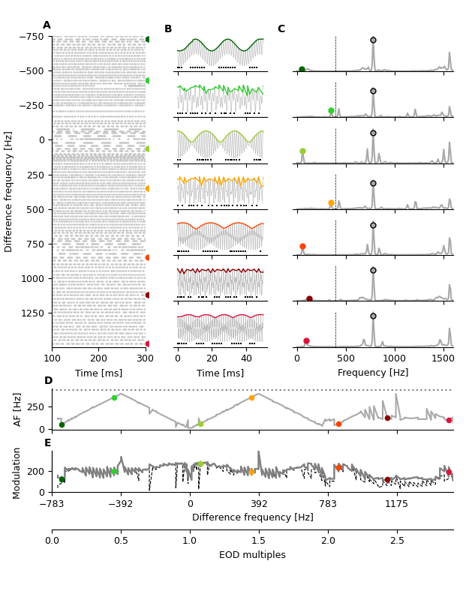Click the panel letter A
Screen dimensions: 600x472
coord(47,25)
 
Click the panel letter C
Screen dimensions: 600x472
coord(281,29)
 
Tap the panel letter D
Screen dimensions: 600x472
coord(48,381)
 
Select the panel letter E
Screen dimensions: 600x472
coord(48,443)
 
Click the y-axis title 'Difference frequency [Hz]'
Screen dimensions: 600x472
coord(9,191)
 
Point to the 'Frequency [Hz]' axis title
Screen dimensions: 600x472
coord(373,373)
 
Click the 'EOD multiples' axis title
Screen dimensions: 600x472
coord(252,555)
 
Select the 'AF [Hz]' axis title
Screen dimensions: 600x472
coord(18,409)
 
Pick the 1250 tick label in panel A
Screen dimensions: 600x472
coord(32,313)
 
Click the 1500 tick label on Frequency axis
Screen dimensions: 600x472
coord(443,359)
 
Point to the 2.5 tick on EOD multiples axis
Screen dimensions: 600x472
coord(397,540)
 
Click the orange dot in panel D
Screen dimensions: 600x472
coord(251,397)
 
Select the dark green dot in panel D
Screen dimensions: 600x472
coord(62,424)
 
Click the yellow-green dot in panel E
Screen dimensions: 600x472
coord(200,463)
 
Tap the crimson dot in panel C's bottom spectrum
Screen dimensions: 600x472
coord(306,341)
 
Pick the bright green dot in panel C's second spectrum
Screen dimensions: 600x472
coord(331,110)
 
